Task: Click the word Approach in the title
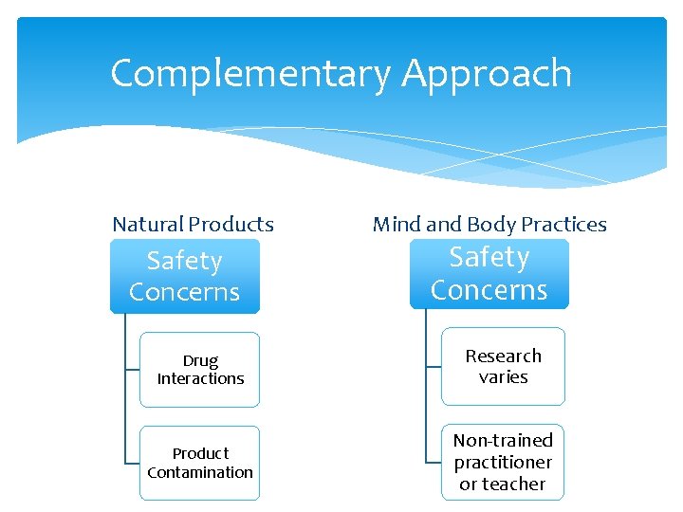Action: [487, 74]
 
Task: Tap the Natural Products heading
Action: [193, 225]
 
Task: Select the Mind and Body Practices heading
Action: [489, 225]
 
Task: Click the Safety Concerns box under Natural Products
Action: [184, 276]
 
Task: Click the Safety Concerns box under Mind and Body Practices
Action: [489, 273]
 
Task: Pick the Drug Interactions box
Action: [200, 370]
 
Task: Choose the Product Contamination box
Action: [200, 463]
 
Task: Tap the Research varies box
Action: [503, 366]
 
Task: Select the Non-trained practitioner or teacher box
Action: [503, 462]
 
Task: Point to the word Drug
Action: [200, 360]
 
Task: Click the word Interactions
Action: [200, 378]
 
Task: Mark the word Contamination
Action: [200, 472]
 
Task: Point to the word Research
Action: [503, 357]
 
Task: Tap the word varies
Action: [503, 376]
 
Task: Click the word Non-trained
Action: [503, 441]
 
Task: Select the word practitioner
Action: [503, 463]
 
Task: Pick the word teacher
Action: [514, 484]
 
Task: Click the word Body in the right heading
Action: [489, 225]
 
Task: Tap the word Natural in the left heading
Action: [147, 225]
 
